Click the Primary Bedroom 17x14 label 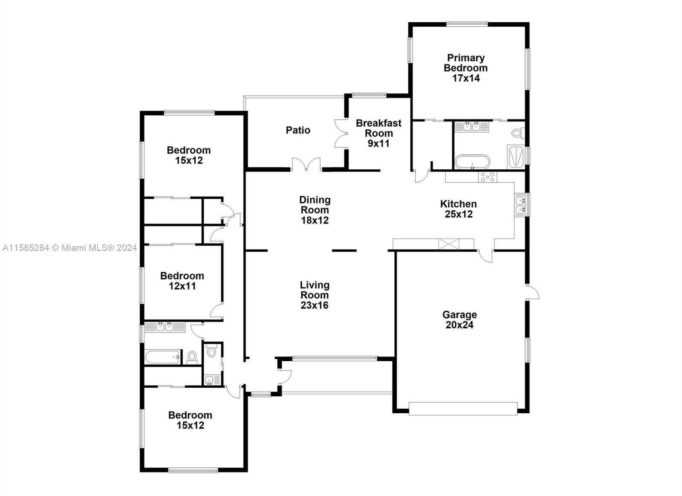(465, 68)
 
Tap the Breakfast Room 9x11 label (379, 133)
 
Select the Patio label (298, 130)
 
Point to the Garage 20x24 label (459, 320)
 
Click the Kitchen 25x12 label (458, 209)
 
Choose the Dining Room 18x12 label (315, 210)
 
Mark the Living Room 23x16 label (315, 295)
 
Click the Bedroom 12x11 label (182, 281)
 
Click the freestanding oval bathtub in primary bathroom (473, 162)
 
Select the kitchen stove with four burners (488, 177)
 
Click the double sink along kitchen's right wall (520, 205)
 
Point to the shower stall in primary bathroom (515, 156)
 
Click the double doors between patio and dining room (306, 165)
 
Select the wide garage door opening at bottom (463, 409)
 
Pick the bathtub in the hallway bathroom (163, 356)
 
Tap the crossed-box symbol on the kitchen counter (449, 244)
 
